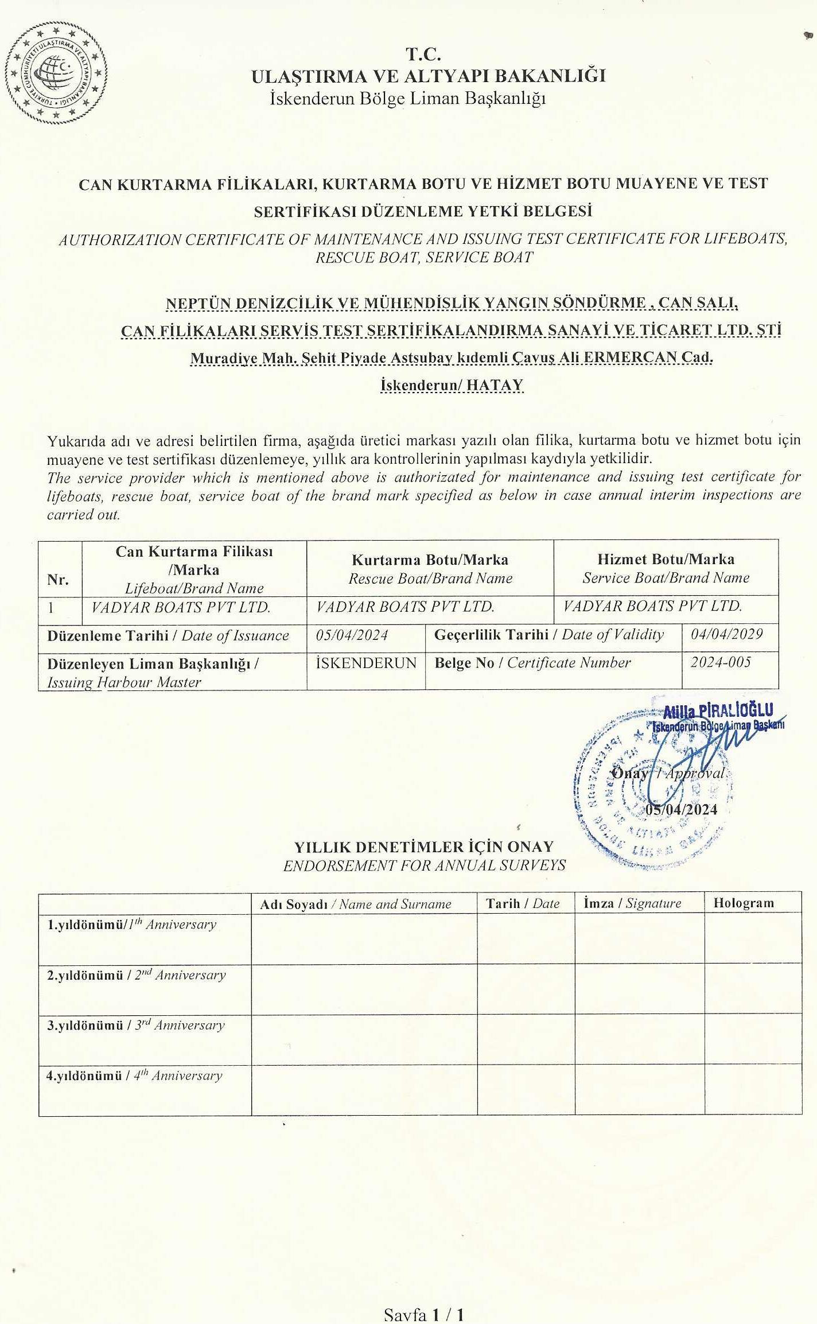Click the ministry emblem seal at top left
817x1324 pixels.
pyautogui.click(x=56, y=72)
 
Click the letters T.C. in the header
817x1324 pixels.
pyautogui.click(x=423, y=55)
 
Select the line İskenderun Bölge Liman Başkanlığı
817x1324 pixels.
pyautogui.click(x=407, y=99)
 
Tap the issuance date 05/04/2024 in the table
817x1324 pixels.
pyautogui.click(x=352, y=635)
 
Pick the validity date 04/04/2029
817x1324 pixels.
pyautogui.click(x=726, y=634)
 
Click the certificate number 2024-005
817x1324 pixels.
pyautogui.click(x=720, y=662)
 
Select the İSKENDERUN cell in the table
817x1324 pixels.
pyautogui.click(x=365, y=663)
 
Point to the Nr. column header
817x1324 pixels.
pyautogui.click(x=58, y=580)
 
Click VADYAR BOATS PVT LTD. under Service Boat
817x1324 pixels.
pyautogui.click(x=652, y=606)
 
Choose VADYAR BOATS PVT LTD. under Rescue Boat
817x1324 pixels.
pyautogui.click(x=405, y=607)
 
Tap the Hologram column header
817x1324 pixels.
pyautogui.click(x=743, y=903)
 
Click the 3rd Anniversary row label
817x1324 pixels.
pyautogui.click(x=136, y=1026)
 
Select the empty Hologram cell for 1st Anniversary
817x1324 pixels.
pyautogui.click(x=752, y=938)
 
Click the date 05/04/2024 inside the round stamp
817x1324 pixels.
pyautogui.click(x=681, y=809)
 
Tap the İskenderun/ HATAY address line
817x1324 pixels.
pyautogui.click(x=452, y=385)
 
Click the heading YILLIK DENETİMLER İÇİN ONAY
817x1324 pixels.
pyautogui.click(x=423, y=847)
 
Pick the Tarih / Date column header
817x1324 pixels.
pyautogui.click(x=523, y=903)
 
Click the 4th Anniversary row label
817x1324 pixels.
pyautogui.click(x=134, y=1076)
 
